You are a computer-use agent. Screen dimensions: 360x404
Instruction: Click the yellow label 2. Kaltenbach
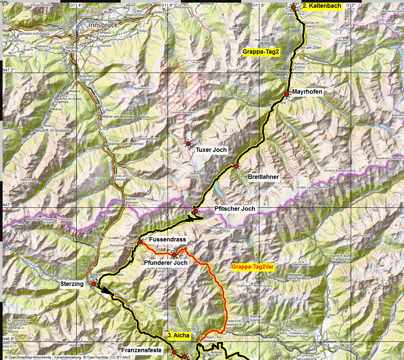321,6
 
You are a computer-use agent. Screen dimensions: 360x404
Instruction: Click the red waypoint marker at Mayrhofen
287,94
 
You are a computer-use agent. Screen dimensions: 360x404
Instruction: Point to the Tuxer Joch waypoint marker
188,143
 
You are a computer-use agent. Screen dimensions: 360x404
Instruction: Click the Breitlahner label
263,177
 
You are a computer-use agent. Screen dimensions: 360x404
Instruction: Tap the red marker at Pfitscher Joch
195,211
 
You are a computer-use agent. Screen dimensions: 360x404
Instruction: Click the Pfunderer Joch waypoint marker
174,255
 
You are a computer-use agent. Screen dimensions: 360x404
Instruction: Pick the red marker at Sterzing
94,284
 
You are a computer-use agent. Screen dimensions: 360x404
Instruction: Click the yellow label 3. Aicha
179,336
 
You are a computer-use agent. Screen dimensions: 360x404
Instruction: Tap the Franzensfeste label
142,350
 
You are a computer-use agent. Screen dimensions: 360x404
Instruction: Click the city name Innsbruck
103,25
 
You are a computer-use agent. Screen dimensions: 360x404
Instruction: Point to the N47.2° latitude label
9,70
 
